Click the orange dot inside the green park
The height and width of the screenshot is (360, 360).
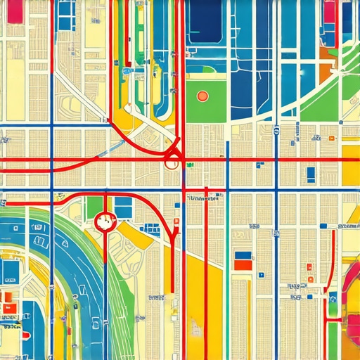pos(202,96)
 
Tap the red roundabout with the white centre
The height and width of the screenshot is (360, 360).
pos(104,222)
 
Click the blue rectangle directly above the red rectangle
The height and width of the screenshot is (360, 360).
pos(242,255)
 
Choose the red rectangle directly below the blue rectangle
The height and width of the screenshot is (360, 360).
pos(242,265)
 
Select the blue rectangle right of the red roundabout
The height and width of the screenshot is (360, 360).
pos(123,207)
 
